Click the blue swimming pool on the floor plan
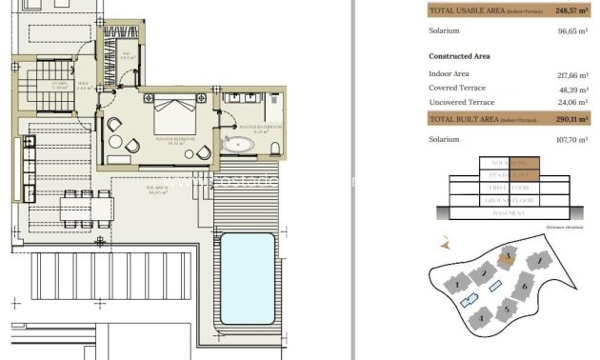click(x=249, y=279)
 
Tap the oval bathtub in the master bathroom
click(x=237, y=146)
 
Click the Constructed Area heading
click(x=460, y=56)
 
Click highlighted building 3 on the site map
click(x=509, y=256)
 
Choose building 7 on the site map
click(x=538, y=260)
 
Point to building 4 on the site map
click(x=481, y=317)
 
